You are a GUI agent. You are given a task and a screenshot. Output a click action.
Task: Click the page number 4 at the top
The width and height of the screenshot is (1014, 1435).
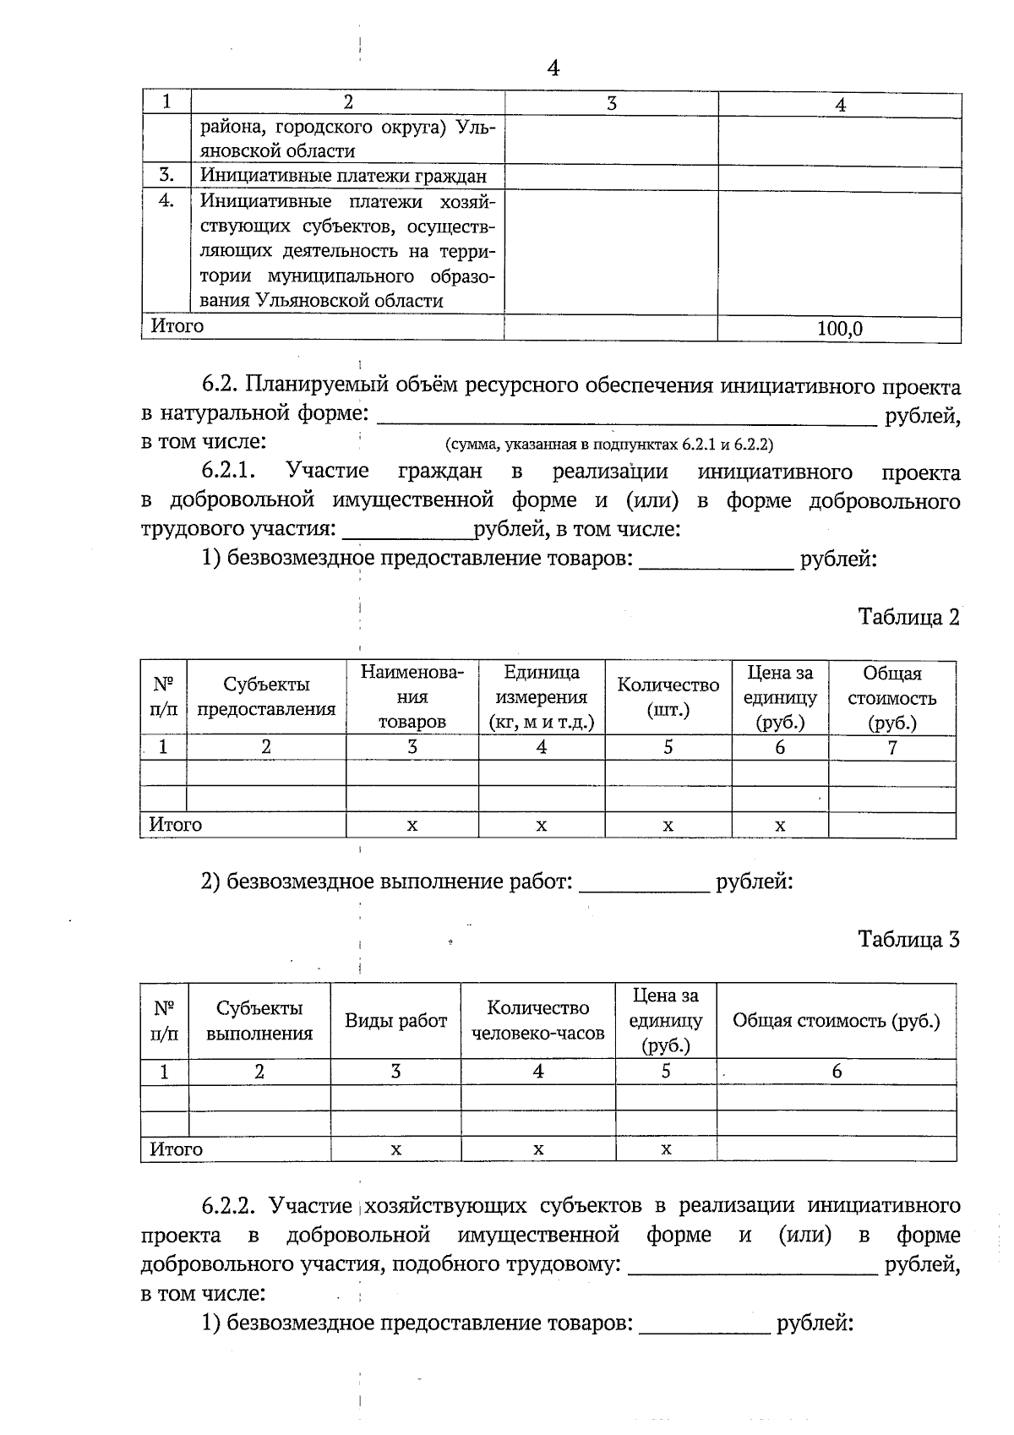[x=553, y=68]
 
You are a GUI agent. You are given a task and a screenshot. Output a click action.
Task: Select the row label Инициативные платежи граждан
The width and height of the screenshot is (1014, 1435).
[x=343, y=177]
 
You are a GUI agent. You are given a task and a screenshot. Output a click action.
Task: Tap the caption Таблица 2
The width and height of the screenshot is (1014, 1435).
[x=908, y=617]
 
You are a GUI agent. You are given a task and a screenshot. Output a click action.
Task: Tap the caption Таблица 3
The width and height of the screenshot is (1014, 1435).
[x=908, y=939]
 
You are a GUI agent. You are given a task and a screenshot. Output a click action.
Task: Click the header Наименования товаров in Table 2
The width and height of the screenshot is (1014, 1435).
[x=412, y=697]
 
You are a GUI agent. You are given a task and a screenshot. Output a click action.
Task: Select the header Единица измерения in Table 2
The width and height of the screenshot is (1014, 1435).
[x=541, y=697]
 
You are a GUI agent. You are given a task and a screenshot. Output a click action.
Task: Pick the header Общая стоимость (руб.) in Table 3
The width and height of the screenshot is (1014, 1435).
[x=836, y=1020]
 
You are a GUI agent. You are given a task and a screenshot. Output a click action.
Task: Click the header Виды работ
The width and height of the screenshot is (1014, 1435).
[x=395, y=1020]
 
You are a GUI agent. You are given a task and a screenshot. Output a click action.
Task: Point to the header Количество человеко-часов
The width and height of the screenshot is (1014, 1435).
[x=537, y=1020]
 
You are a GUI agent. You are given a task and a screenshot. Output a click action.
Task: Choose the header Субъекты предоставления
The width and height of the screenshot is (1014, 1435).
[x=266, y=697]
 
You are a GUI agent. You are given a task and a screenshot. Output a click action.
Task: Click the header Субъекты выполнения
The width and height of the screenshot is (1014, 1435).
[x=259, y=1020]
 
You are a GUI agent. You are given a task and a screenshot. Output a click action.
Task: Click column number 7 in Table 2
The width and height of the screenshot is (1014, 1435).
[x=891, y=748]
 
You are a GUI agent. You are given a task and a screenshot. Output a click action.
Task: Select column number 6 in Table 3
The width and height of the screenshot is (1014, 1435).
[x=837, y=1072]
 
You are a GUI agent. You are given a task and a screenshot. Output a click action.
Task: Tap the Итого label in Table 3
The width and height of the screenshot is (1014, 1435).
[x=176, y=1149]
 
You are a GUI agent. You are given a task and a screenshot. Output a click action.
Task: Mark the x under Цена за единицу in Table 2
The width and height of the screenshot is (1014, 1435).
[x=780, y=826]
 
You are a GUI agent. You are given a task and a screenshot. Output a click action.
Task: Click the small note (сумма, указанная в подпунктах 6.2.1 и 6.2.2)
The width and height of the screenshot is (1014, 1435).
[x=608, y=444]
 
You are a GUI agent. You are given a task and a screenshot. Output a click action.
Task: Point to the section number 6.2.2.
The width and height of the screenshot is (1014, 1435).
[x=231, y=1204]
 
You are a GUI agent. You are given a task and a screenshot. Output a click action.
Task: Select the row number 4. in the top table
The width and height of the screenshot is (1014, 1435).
[x=166, y=201]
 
